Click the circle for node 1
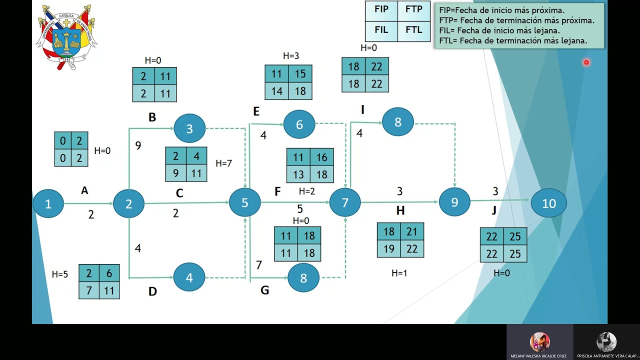[48, 203]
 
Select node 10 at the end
[549, 203]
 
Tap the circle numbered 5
[245, 202]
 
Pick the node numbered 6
[299, 124]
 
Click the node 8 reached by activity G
[303, 277]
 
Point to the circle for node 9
[454, 202]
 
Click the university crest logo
[66, 37]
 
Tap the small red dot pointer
[586, 62]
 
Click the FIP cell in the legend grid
[381, 10]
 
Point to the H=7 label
[223, 163]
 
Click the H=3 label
[291, 55]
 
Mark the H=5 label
[59, 274]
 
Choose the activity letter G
[265, 290]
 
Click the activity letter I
[362, 109]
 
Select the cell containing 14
[276, 91]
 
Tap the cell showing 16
[321, 157]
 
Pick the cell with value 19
[389, 249]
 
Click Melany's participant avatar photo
[539, 341]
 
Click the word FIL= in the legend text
[447, 30]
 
